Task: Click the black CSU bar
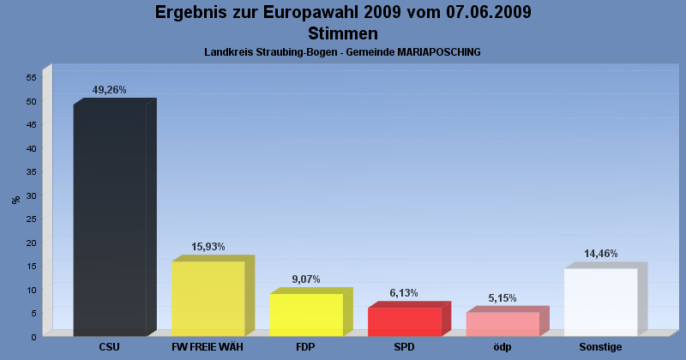pyautogui.click(x=115, y=218)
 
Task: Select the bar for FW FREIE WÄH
pyautogui.click(x=213, y=296)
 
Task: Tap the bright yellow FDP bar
pyautogui.click(x=311, y=312)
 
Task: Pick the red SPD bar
pyautogui.click(x=409, y=319)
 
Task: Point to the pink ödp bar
pyautogui.click(x=508, y=321)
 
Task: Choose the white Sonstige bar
pyautogui.click(x=605, y=300)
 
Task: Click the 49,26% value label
pyautogui.click(x=110, y=90)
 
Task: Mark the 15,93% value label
pyautogui.click(x=208, y=247)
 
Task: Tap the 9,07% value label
pyautogui.click(x=306, y=279)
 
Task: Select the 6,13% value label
pyautogui.click(x=404, y=292)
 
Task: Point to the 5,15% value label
pyautogui.click(x=502, y=298)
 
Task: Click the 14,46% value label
pyautogui.click(x=601, y=254)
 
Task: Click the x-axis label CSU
pyautogui.click(x=110, y=347)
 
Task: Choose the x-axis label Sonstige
pyautogui.click(x=600, y=347)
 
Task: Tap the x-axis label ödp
pyautogui.click(x=502, y=347)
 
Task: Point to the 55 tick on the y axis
pyautogui.click(x=32, y=77)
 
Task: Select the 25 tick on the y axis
pyautogui.click(x=32, y=219)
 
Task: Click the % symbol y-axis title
pyautogui.click(x=16, y=200)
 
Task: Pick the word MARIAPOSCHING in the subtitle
pyautogui.click(x=439, y=52)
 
